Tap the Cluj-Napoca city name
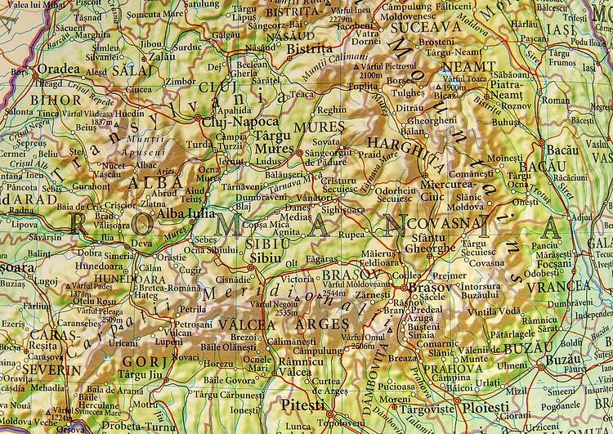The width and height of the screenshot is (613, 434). click(234, 121)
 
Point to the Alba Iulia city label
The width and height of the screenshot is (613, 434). click(186, 214)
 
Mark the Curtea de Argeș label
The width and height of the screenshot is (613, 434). click(329, 386)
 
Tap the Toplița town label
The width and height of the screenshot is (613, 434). click(363, 86)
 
